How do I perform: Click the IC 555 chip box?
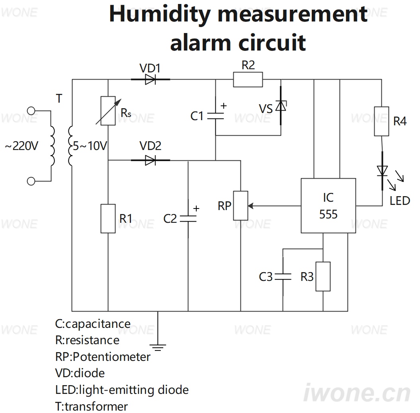(x=328, y=206)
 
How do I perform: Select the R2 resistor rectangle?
(x=248, y=80)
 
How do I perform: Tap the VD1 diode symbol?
(x=150, y=80)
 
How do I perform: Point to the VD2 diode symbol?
(x=150, y=160)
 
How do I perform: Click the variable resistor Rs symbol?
(x=108, y=111)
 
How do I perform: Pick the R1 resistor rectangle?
(x=108, y=218)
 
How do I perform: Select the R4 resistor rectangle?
(x=381, y=121)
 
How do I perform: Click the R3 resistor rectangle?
(x=323, y=277)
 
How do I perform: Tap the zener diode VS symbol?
(x=281, y=105)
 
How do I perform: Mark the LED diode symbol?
(x=382, y=171)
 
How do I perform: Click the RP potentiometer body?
(x=240, y=206)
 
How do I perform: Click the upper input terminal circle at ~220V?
(x=31, y=111)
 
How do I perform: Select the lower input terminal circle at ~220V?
(x=31, y=181)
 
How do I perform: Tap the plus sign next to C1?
(x=224, y=106)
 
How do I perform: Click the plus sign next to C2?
(x=196, y=208)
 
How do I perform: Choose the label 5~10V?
(x=90, y=146)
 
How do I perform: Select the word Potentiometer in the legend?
(x=111, y=357)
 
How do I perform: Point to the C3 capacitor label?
(x=266, y=277)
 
